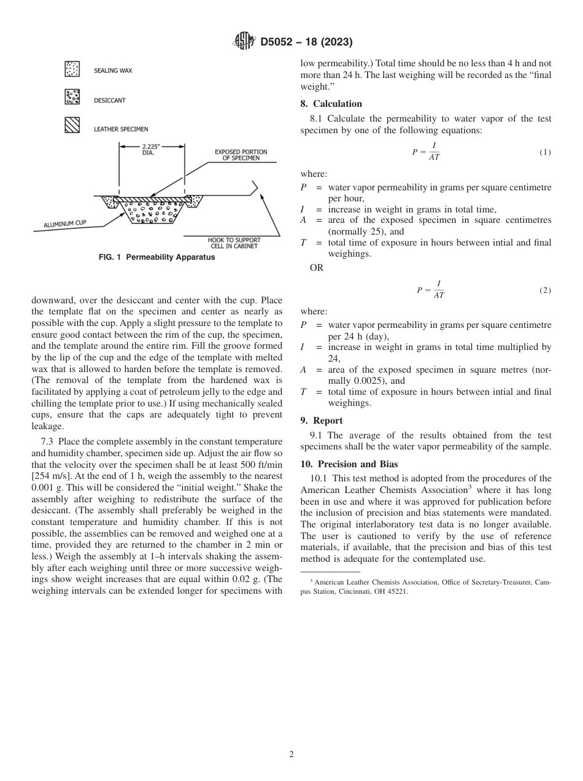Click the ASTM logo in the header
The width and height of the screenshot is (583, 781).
click(244, 42)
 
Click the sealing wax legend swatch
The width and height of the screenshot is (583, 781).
click(72, 70)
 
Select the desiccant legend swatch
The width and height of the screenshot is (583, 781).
click(72, 97)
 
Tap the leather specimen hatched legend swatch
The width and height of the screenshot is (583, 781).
click(72, 126)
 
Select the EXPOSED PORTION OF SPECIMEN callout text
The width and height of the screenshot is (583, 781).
click(241, 155)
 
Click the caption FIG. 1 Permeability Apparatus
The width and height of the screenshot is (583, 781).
click(156, 257)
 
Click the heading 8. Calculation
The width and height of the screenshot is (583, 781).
click(331, 104)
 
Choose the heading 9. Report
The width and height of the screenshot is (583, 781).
click(322, 421)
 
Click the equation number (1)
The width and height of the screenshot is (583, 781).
click(545, 152)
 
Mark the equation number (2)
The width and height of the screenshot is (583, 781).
click(545, 290)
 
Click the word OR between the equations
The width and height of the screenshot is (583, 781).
click(317, 268)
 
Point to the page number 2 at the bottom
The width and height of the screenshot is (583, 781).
click(291, 755)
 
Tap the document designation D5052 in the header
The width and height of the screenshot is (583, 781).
click(280, 42)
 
